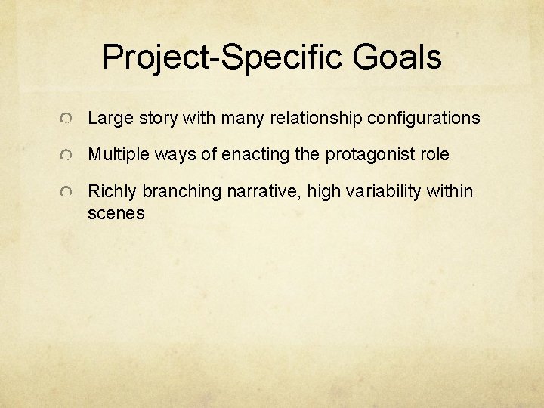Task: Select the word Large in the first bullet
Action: click(109, 119)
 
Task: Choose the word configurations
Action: click(424, 119)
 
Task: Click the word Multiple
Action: click(118, 155)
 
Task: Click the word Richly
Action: click(113, 192)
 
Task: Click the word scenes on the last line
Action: click(116, 213)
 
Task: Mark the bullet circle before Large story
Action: click(68, 119)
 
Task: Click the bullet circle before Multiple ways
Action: click(68, 156)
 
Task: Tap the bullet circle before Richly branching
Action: click(68, 193)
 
